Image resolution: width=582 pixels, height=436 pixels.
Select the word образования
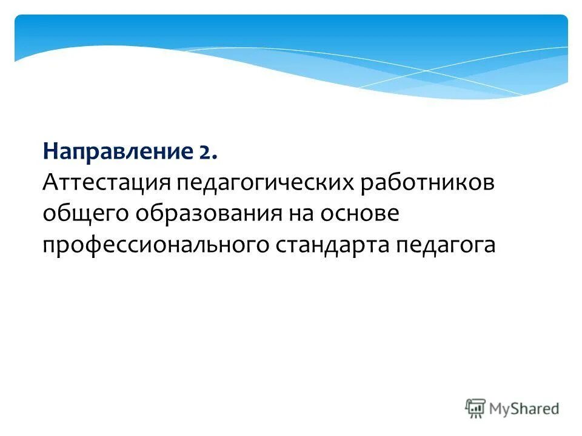point(207,214)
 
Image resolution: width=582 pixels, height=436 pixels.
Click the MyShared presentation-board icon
point(476,408)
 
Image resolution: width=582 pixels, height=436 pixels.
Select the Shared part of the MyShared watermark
point(537,408)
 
